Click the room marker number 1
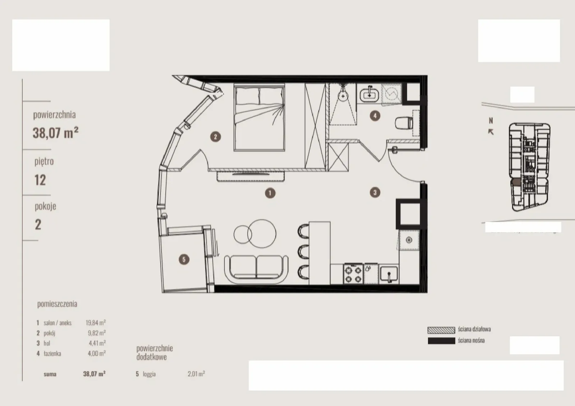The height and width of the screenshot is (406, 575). pyautogui.click(x=270, y=193)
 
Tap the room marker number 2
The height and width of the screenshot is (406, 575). pyautogui.click(x=215, y=137)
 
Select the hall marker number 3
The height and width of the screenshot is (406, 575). pyautogui.click(x=375, y=192)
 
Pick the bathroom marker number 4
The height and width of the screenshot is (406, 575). pyautogui.click(x=375, y=116)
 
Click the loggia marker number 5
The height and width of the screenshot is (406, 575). pyautogui.click(x=184, y=259)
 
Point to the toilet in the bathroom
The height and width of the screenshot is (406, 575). pyautogui.click(x=404, y=123)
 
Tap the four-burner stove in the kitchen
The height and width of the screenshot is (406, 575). pyautogui.click(x=353, y=274)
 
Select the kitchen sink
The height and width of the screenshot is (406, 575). pyautogui.click(x=389, y=274)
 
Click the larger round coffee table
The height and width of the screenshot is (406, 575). pyautogui.click(x=262, y=233)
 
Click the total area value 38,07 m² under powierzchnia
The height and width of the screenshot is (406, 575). pyautogui.click(x=55, y=133)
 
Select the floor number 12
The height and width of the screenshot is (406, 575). pyautogui.click(x=40, y=180)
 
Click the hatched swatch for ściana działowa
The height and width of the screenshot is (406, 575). pyautogui.click(x=441, y=330)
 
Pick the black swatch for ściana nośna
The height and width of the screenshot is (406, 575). pyautogui.click(x=441, y=341)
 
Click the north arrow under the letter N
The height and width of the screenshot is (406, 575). pyautogui.click(x=491, y=132)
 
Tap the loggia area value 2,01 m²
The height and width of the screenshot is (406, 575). pyautogui.click(x=196, y=374)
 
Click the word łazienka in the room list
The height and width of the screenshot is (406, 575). pyautogui.click(x=52, y=353)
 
